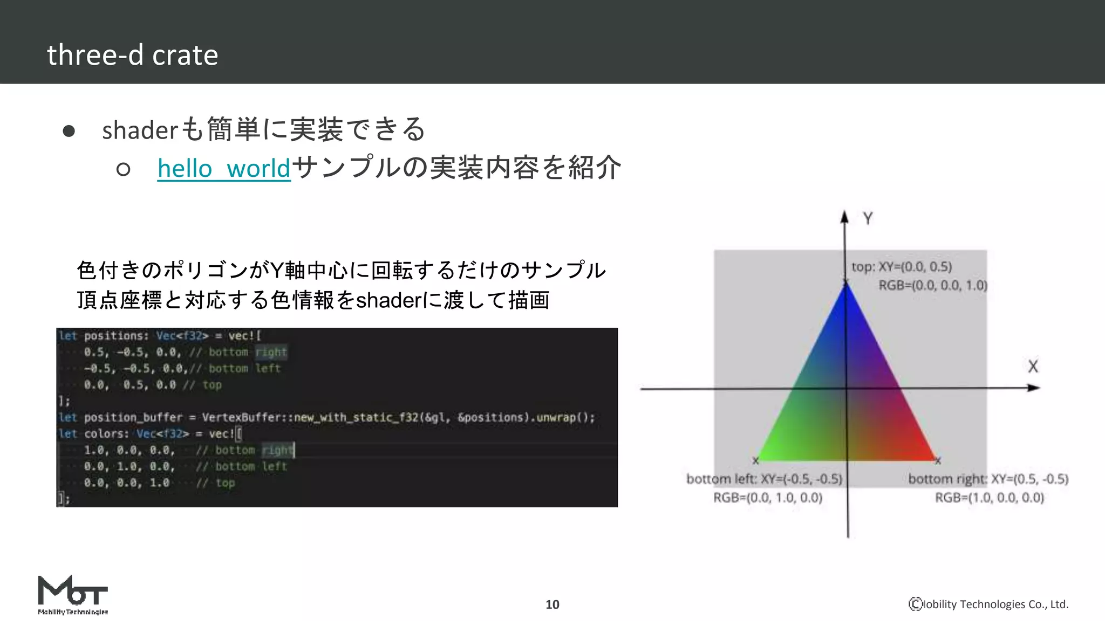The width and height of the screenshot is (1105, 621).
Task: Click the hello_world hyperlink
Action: click(x=224, y=169)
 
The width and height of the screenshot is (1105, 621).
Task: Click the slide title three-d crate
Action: click(x=133, y=55)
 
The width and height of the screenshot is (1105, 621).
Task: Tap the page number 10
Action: click(x=552, y=604)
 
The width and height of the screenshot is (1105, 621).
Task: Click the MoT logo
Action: click(x=73, y=595)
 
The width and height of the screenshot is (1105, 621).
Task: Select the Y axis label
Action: click(x=868, y=219)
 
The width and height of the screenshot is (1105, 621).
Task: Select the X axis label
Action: click(x=1033, y=367)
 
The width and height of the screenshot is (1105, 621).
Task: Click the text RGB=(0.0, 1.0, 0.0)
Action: click(x=768, y=498)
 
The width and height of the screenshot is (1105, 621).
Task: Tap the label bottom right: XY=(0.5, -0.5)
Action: click(x=988, y=479)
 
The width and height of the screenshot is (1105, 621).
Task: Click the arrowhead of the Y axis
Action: click(x=844, y=217)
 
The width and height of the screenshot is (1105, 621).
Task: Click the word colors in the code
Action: click(x=106, y=433)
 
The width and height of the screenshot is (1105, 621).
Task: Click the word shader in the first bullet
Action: click(x=140, y=130)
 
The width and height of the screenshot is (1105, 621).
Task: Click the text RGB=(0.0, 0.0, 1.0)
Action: click(x=933, y=285)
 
